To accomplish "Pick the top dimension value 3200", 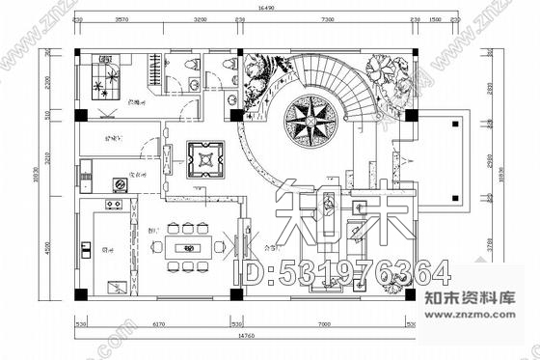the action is (200, 18).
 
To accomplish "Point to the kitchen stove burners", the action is (113, 206).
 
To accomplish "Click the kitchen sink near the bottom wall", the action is (116, 287).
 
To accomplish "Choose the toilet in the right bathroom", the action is (229, 65).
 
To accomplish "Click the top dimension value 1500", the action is (435, 18).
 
